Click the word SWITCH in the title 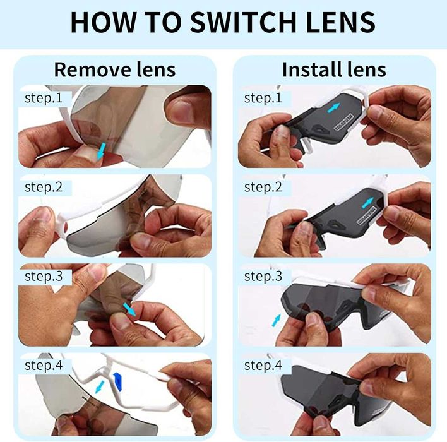coord(244,22)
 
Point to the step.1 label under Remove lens coord(44,98)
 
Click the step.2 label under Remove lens coord(44,187)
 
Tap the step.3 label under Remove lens coord(44,276)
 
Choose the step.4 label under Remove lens coord(44,366)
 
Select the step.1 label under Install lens coord(263,98)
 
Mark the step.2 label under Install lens coord(263,187)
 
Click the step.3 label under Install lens coord(263,276)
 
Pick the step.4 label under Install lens coord(263,366)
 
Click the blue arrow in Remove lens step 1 coord(101,151)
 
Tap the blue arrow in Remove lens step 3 coord(129,309)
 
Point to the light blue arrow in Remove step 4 coord(100,387)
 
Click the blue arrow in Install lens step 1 coord(333,108)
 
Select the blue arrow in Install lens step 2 coord(367,203)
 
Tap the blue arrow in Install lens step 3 coord(276,320)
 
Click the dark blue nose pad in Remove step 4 coord(117,381)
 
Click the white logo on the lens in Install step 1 coord(343,122)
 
